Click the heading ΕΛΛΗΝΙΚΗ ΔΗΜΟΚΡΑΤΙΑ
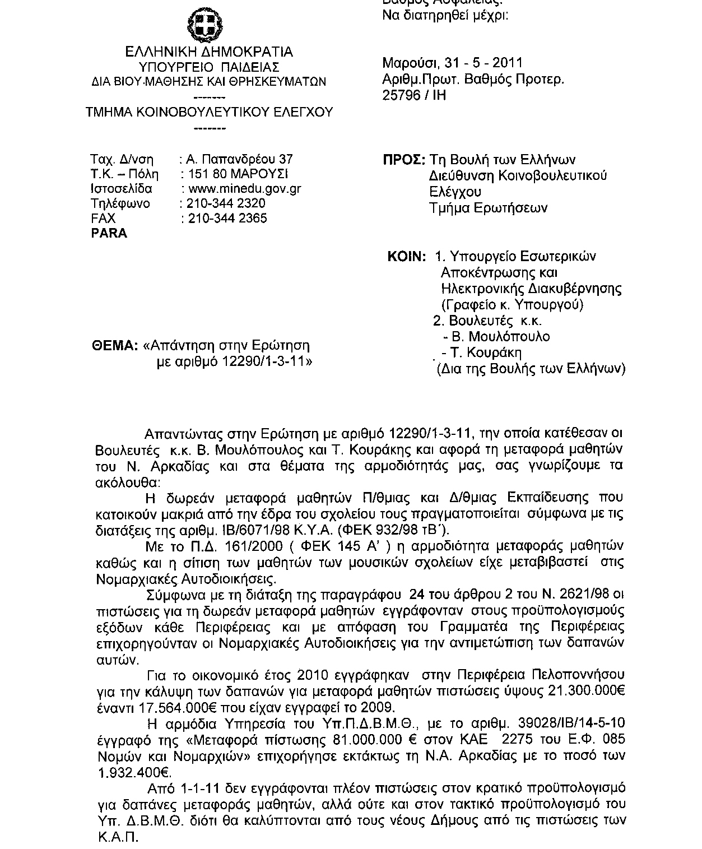(209, 52)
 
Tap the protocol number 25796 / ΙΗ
(414, 95)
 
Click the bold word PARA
(109, 233)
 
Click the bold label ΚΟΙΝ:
(407, 257)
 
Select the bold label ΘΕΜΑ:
(114, 346)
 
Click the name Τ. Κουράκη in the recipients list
(485, 353)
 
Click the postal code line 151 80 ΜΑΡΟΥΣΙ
(238, 174)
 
